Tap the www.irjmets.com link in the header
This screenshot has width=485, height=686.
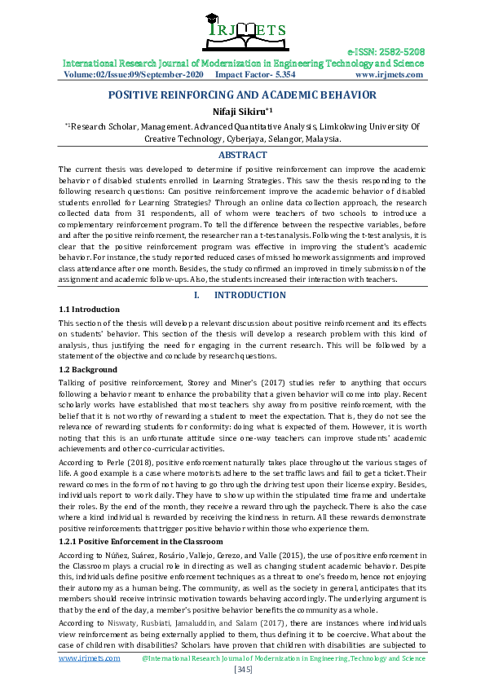coord(389,75)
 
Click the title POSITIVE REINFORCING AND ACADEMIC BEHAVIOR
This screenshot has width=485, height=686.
coord(242,95)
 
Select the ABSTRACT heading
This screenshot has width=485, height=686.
coord(242,155)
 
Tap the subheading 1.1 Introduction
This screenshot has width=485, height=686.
coord(90,310)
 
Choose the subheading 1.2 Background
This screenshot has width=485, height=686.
coord(88,369)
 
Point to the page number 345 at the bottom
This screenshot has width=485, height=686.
coord(242,669)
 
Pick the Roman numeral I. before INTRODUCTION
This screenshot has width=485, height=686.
coord(188,295)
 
